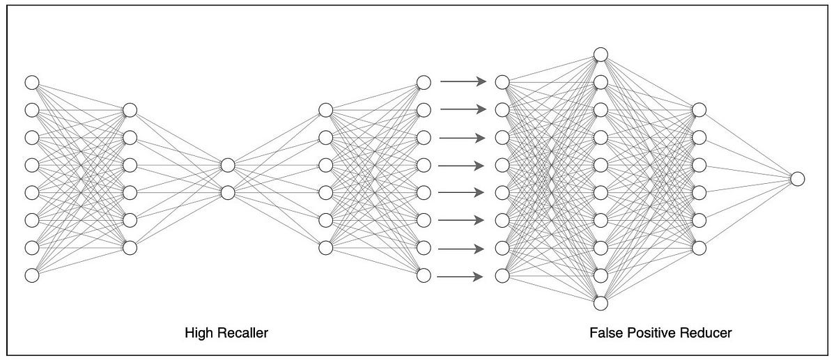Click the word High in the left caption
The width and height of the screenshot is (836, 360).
click(196, 334)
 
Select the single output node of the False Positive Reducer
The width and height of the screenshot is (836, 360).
click(798, 179)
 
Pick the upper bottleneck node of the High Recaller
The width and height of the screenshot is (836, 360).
click(228, 165)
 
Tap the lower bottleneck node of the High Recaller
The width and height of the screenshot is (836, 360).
click(228, 193)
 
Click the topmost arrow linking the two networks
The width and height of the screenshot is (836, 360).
click(462, 82)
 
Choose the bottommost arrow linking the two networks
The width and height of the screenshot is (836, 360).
click(462, 276)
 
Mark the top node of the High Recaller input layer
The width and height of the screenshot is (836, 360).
click(31, 82)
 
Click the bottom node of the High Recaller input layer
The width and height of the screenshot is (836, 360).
click(31, 276)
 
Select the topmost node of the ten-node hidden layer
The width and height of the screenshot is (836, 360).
click(601, 54)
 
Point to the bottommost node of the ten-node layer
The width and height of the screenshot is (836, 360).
click(601, 304)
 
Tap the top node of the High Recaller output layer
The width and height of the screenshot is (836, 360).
click(423, 82)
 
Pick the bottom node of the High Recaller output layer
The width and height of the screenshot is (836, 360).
click(423, 276)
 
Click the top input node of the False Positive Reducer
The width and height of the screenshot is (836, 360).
click(502, 82)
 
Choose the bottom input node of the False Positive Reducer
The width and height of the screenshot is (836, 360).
click(502, 276)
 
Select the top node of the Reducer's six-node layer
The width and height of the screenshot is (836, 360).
click(699, 109)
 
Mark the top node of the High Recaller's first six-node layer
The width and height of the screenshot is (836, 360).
click(130, 109)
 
